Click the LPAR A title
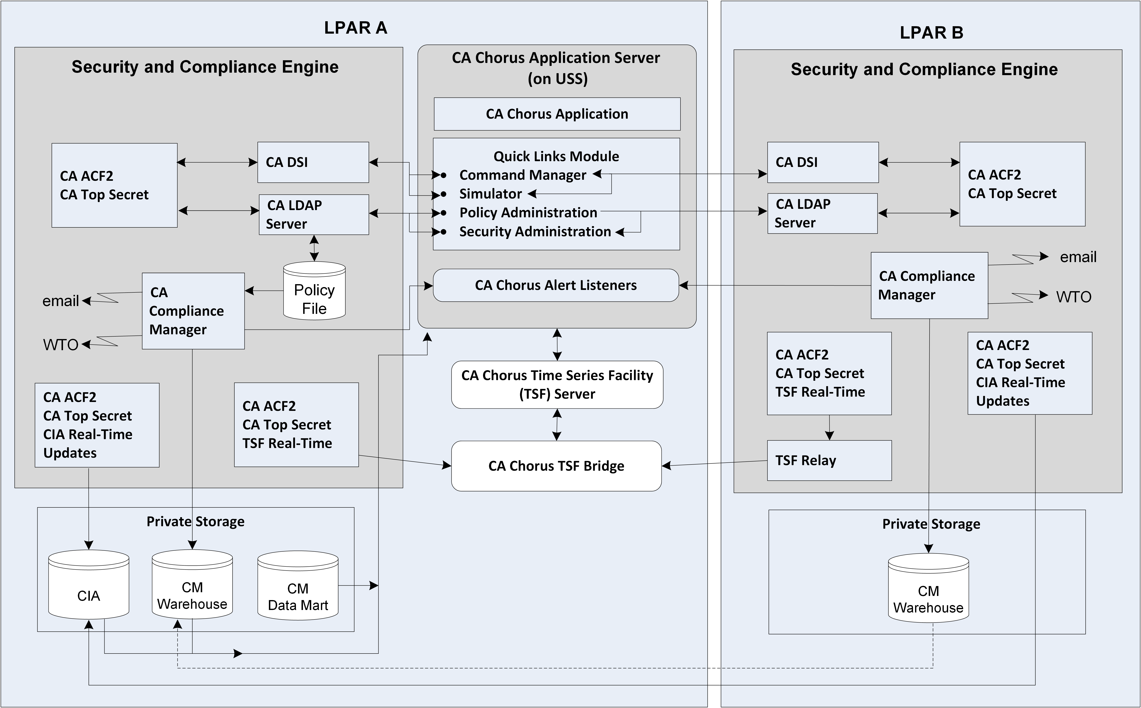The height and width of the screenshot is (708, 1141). (x=356, y=28)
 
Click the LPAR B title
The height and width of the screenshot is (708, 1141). (x=931, y=33)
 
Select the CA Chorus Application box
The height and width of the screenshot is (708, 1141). (x=557, y=114)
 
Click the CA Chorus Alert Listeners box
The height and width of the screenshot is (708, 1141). (x=556, y=285)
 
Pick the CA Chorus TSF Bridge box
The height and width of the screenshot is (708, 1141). (x=556, y=466)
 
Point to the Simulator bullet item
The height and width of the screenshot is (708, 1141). (x=490, y=194)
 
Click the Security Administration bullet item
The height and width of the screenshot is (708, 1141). (x=535, y=232)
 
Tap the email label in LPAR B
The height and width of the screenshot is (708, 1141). (x=1078, y=257)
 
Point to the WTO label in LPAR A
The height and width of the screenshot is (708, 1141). (x=61, y=345)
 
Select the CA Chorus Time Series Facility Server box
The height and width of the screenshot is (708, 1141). (x=557, y=384)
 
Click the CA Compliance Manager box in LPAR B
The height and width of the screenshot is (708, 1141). (x=929, y=286)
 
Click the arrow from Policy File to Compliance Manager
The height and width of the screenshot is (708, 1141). (x=264, y=291)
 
